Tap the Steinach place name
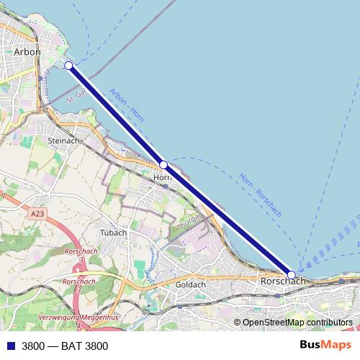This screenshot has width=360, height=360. (63, 140)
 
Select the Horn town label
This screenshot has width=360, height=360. (161, 176)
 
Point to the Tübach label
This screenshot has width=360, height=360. (114, 233)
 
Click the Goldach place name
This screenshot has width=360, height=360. (191, 284)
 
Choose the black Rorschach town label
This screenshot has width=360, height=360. (279, 281)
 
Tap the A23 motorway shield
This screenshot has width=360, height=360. (38, 214)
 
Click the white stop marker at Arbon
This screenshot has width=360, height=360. (69, 66)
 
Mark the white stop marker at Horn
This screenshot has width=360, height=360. (163, 165)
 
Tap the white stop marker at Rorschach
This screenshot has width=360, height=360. (291, 274)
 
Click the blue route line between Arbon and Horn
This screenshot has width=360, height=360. (116, 115)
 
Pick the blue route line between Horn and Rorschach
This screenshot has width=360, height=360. (227, 220)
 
